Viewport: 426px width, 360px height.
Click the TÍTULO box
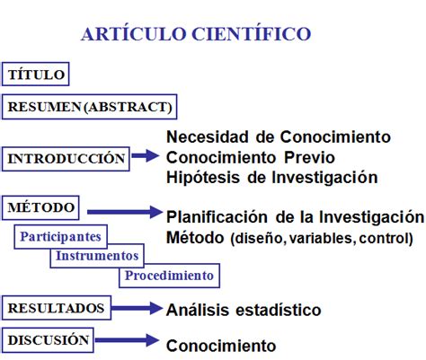36,75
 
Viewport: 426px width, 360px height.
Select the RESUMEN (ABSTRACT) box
89,107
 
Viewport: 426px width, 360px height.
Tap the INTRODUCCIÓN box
66,159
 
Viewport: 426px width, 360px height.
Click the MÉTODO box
40,208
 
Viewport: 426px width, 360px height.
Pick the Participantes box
60,237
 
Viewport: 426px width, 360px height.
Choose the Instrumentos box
97,256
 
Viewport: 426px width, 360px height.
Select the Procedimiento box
169,276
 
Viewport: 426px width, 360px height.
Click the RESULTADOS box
57,308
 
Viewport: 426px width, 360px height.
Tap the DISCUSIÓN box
48,340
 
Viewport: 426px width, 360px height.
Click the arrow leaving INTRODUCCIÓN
146,155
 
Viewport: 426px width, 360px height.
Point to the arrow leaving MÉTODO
125,212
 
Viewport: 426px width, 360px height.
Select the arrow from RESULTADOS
137,308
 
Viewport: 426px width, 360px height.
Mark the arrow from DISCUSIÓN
127,340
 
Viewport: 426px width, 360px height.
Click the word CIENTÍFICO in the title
251,33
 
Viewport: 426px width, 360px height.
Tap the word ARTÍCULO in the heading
134,33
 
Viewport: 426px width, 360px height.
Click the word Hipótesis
203,178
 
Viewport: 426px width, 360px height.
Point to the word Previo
309,157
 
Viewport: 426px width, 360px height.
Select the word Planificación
217,216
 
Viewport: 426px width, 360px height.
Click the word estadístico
279,310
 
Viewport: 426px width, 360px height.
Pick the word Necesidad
208,137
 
